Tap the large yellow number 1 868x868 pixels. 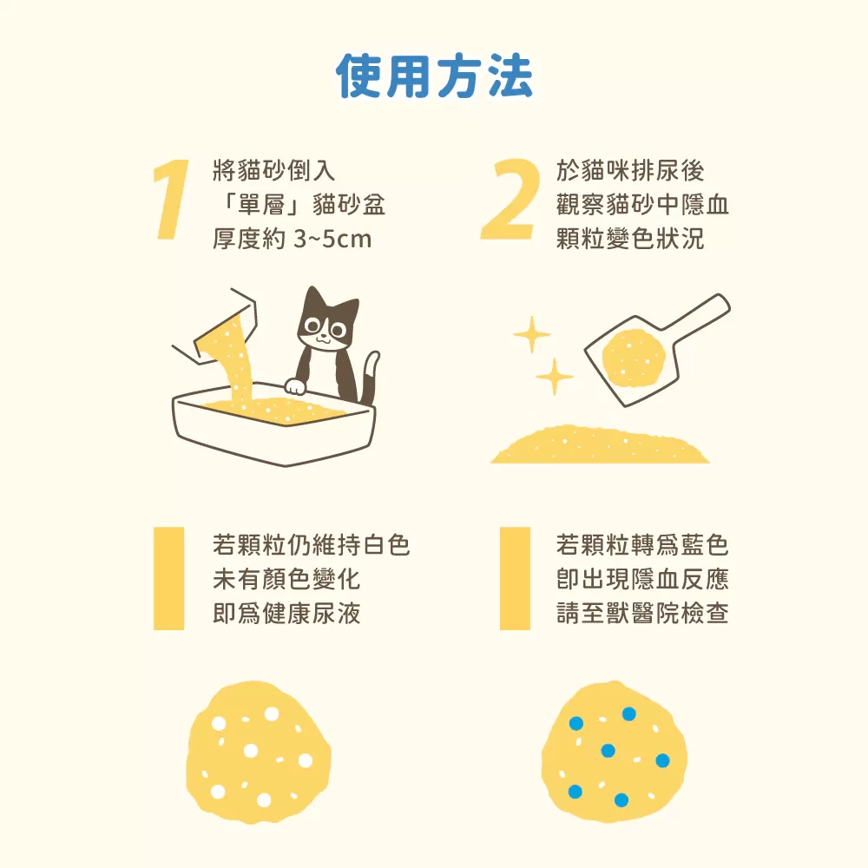(171, 200)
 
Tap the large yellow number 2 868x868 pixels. (510, 200)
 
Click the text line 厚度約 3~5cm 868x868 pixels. (292, 238)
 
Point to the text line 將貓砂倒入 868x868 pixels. (273, 170)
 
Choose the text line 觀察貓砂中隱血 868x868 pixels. (642, 204)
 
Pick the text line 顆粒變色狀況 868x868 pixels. (629, 238)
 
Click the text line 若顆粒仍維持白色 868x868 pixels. (311, 545)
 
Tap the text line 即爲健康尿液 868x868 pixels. (286, 614)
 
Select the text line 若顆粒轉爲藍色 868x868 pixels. (641, 545)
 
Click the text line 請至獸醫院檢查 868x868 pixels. (641, 614)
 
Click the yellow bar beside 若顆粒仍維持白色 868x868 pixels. (169, 578)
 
